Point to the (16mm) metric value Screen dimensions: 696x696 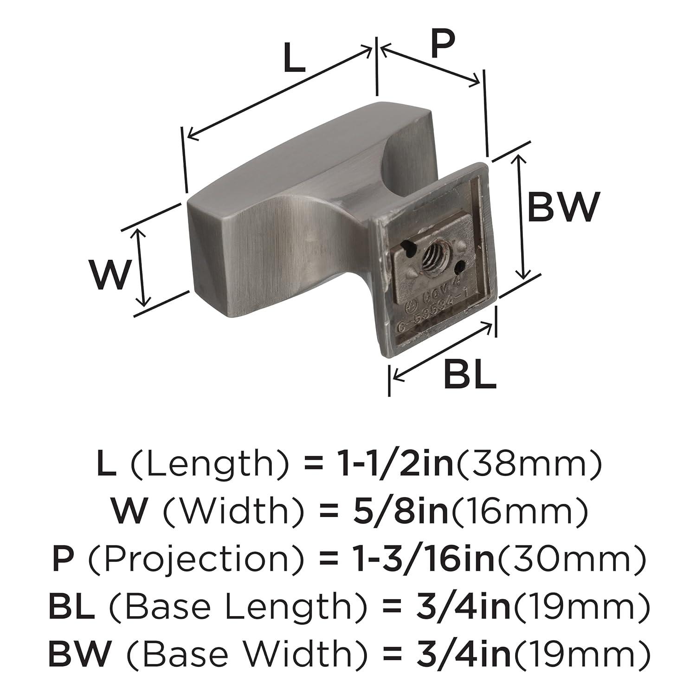point(519,511)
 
